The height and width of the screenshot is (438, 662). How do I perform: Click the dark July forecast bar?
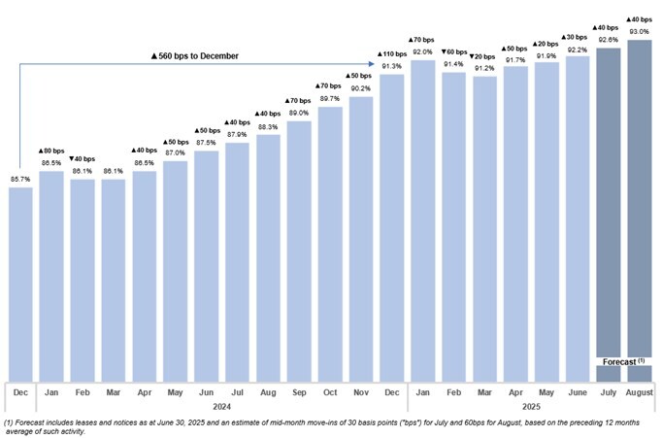click(609, 214)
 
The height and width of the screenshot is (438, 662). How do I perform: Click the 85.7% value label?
click(20, 180)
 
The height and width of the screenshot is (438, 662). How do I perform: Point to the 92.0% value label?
click(422, 52)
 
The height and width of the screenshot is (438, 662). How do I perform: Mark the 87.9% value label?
click(237, 135)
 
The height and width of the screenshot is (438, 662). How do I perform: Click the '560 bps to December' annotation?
click(195, 56)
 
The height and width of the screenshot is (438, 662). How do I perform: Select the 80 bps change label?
click(51, 151)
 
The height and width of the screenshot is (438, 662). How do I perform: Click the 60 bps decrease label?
click(453, 51)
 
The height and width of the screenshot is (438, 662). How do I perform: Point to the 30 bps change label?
click(578, 37)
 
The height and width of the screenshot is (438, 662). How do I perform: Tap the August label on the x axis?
click(640, 391)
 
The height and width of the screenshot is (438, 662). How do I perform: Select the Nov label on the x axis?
click(361, 391)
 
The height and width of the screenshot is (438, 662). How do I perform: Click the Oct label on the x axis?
click(330, 391)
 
